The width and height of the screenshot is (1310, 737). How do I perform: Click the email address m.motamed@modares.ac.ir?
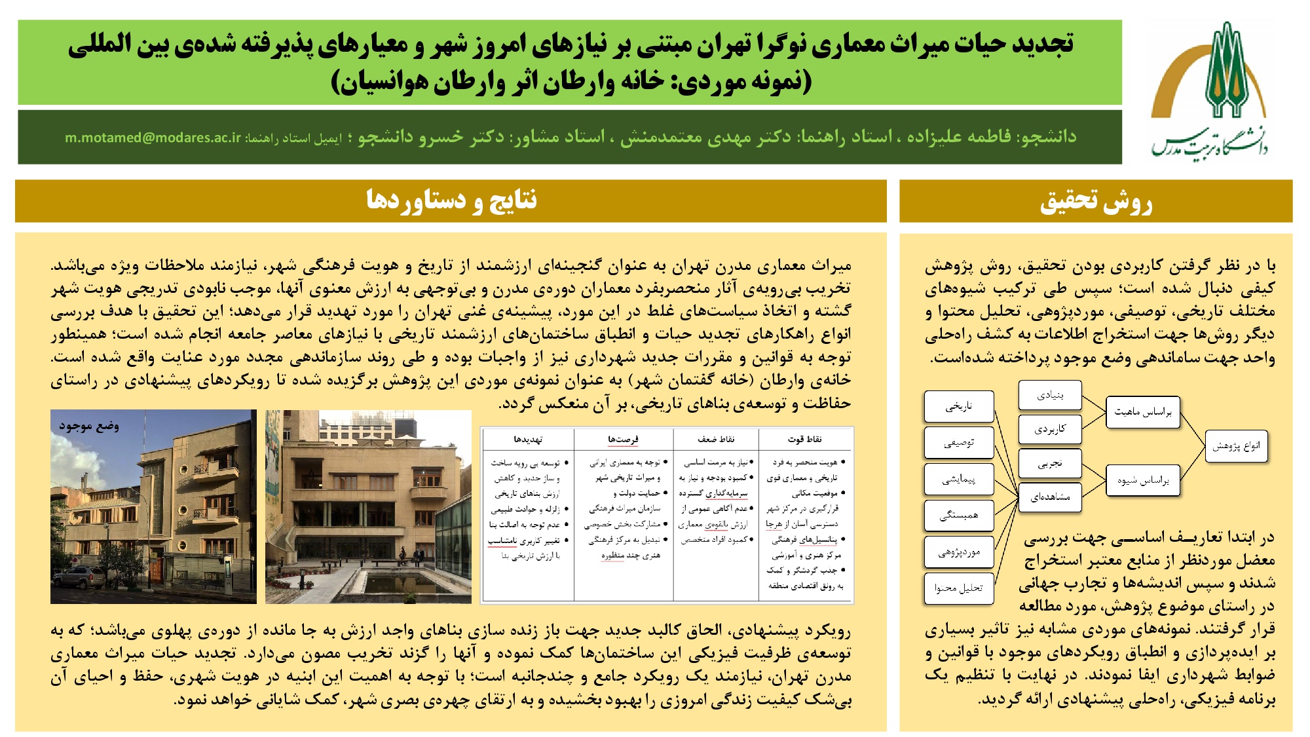tap(153, 138)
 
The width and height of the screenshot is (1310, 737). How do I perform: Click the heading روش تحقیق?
tap(1096, 201)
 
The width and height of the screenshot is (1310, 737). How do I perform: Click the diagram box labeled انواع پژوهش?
tap(1236, 446)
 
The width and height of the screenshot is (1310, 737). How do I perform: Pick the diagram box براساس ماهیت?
tap(1143, 412)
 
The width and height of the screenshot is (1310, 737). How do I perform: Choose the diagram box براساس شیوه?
tap(1143, 481)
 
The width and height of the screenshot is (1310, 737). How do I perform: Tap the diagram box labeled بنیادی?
tap(1050, 395)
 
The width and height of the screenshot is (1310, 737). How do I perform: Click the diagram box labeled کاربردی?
tap(1050, 429)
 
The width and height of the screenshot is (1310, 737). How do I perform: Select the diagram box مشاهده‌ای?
tap(1050, 497)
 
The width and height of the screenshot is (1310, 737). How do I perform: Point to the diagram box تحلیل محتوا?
tap(959, 588)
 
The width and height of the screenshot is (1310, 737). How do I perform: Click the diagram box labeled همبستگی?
tap(959, 516)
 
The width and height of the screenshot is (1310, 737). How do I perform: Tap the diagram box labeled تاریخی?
tap(959, 406)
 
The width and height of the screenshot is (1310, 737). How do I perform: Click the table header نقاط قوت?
tap(805, 439)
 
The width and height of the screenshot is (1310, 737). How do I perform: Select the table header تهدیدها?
tap(528, 439)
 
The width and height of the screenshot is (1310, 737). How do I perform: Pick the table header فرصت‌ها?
tap(623, 439)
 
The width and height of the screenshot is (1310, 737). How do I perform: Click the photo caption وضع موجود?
tap(89, 426)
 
